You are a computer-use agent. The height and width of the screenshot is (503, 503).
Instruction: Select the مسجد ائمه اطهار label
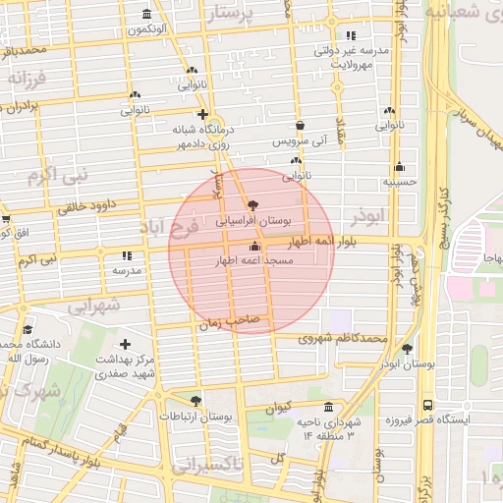(253, 261)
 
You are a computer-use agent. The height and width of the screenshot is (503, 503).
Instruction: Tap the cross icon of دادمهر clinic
(201, 114)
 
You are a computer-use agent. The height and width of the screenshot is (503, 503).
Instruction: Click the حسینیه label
(400, 182)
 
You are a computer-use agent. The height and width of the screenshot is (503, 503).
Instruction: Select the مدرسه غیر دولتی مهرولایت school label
(352, 56)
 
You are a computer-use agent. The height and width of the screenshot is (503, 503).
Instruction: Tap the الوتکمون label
(146, 29)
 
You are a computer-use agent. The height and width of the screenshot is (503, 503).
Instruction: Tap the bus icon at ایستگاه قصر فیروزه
(427, 404)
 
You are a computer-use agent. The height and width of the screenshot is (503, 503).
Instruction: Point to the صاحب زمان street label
(229, 320)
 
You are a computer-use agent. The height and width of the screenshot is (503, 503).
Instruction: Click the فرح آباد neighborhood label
(169, 228)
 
